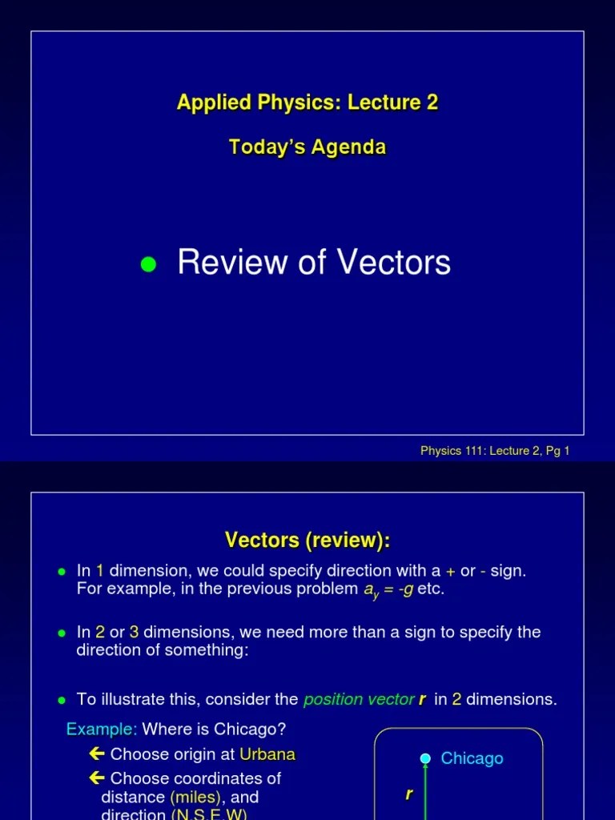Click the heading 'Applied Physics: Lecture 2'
[x=307, y=102]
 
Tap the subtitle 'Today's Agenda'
[x=307, y=147]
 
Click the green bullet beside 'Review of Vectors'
[x=147, y=264]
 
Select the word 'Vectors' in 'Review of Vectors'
[x=395, y=263]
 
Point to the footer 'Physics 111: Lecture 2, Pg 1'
[x=495, y=451]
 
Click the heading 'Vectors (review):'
[x=307, y=541]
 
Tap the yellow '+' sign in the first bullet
[x=451, y=572]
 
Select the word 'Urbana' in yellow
[x=267, y=754]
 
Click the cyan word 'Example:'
[x=102, y=730]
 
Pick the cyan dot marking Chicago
[x=425, y=758]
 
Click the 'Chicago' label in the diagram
[x=472, y=758]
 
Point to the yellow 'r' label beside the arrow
[x=409, y=794]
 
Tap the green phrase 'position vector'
[x=359, y=699]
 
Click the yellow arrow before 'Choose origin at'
[x=97, y=754]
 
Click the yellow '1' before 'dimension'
[x=100, y=572]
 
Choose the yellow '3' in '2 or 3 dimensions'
[x=134, y=633]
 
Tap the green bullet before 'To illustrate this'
[x=62, y=700]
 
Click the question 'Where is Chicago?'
[x=214, y=730]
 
